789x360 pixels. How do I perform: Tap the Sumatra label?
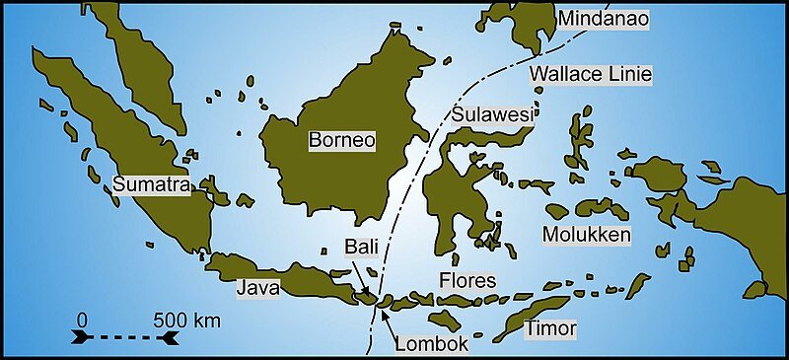point(151,184)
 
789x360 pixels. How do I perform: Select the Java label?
point(258,288)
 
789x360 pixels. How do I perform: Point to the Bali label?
point(360,245)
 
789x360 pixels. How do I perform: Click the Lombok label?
point(430,344)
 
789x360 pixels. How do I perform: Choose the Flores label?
point(467,282)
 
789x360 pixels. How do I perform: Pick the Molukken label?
point(587,235)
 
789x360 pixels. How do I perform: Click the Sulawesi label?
point(492,114)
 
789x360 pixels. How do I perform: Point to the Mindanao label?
point(600,20)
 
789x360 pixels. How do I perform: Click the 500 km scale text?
point(186,321)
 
